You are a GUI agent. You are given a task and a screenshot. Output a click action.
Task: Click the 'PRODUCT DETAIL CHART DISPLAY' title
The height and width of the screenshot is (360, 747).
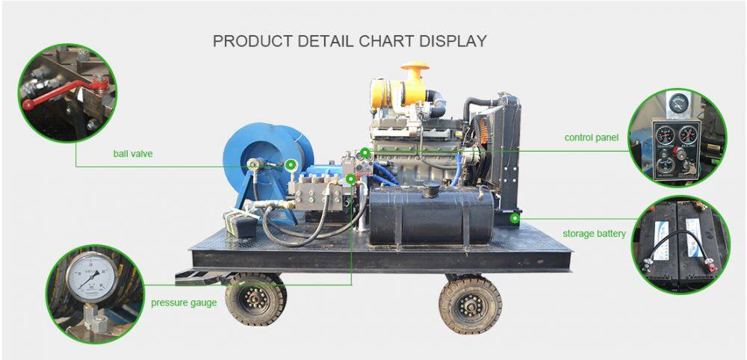tap(350, 41)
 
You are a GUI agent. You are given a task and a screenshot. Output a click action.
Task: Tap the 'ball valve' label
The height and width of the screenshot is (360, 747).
tap(133, 154)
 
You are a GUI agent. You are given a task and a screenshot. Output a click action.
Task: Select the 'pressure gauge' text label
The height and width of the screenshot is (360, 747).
tap(184, 302)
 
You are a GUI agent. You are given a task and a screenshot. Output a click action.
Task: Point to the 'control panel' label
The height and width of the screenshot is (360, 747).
tap(592, 137)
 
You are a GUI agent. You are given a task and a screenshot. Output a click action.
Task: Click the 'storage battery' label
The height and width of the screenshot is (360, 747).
tap(594, 234)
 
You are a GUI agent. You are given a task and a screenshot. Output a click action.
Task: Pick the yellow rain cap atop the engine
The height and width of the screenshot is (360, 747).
tap(414, 70)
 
